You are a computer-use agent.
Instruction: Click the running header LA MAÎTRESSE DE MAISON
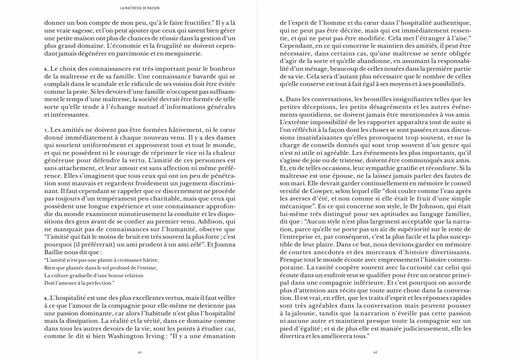tap(140, 8)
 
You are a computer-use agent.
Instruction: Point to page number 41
tap(140, 353)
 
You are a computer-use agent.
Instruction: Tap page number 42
tap(375, 353)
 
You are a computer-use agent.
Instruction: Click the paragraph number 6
tap(46, 69)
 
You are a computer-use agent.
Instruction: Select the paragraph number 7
tap(46, 130)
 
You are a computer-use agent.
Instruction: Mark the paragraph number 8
tap(46, 298)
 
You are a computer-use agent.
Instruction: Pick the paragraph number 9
tap(282, 100)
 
